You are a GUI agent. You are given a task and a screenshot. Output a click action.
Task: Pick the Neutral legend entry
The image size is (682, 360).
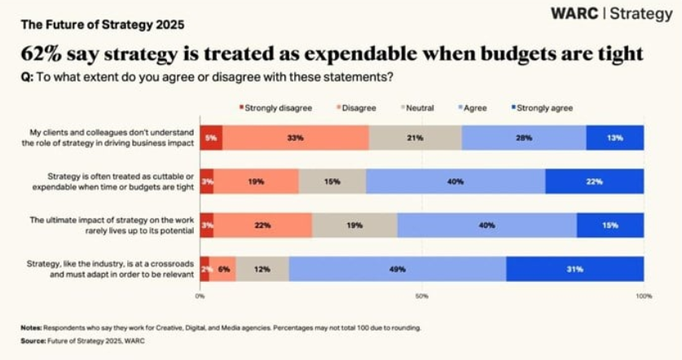tap(419, 108)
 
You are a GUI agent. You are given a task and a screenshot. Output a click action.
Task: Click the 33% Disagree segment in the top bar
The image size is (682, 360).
tap(295, 138)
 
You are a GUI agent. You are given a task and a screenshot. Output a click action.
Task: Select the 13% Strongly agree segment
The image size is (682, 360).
tap(614, 138)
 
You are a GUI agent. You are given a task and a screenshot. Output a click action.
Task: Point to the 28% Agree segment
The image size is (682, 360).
tap(523, 138)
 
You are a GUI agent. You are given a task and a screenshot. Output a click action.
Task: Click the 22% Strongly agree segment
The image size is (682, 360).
tap(594, 182)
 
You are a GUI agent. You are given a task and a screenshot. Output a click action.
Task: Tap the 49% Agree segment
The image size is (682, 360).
tap(397, 269)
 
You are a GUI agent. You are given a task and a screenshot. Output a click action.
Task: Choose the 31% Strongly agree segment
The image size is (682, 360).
tap(575, 269)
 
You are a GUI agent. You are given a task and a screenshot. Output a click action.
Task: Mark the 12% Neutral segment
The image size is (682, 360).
tap(262, 269)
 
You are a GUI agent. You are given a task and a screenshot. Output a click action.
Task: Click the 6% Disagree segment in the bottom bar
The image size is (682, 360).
tap(222, 269)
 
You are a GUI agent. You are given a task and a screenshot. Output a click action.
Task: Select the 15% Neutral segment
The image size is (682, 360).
tap(332, 182)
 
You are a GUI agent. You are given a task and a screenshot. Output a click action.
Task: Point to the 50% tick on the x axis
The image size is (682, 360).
tap(422, 296)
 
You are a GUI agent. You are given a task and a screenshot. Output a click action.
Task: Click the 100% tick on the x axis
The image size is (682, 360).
tap(643, 296)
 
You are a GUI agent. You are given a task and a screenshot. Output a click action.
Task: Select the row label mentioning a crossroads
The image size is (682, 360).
tap(112, 269)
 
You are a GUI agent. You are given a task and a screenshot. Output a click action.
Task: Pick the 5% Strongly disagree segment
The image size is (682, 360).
tap(210, 138)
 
